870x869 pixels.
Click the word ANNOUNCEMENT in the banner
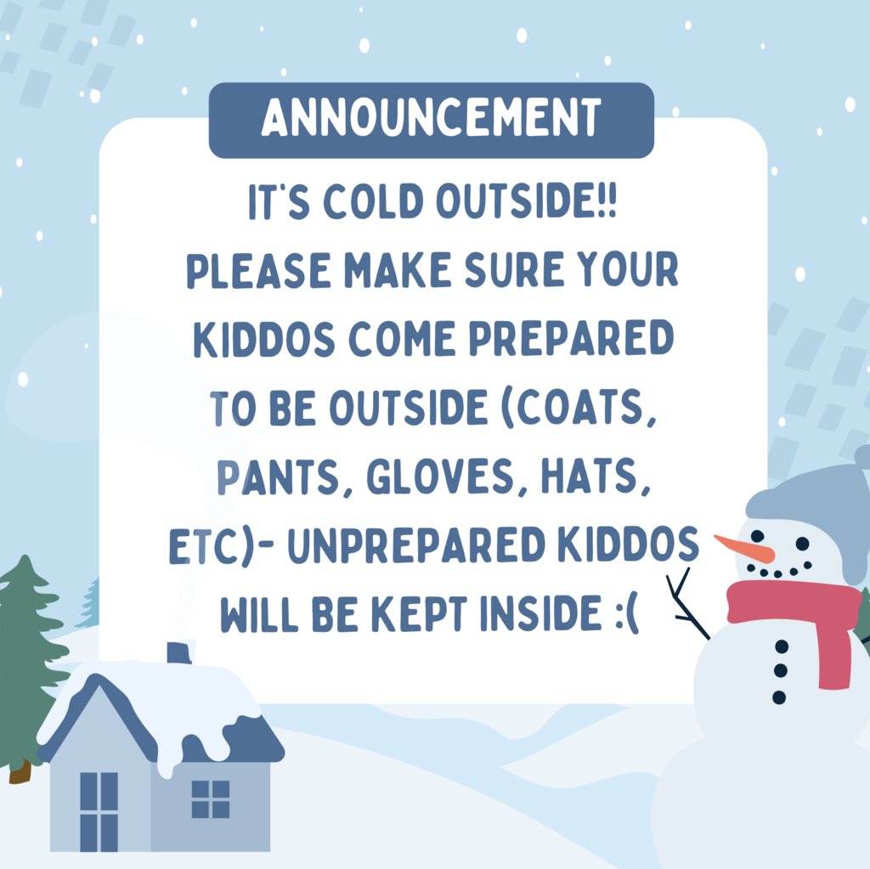[431, 117]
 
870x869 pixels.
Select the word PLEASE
[258, 270]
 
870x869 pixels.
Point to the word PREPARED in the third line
[572, 338]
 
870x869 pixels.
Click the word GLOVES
[441, 476]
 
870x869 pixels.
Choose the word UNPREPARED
[416, 545]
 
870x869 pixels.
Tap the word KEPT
[419, 614]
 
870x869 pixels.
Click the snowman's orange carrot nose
[743, 548]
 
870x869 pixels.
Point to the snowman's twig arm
[686, 605]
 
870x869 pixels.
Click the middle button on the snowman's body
[780, 671]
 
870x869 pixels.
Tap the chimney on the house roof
[179, 652]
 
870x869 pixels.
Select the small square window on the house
[211, 799]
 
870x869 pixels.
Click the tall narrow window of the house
[99, 811]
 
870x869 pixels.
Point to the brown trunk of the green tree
[20, 772]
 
